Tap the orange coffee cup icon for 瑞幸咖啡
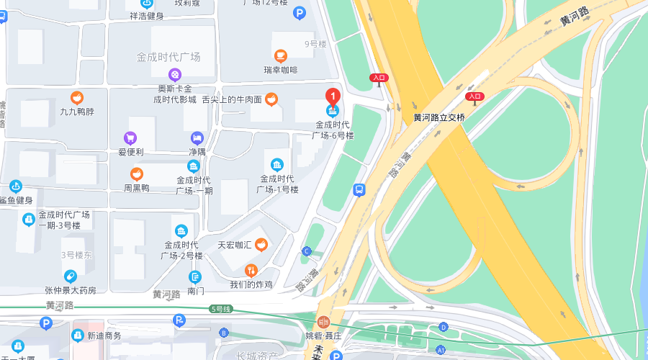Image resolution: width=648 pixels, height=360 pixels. click(281, 55)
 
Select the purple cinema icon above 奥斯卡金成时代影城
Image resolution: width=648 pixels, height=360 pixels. click(175, 74)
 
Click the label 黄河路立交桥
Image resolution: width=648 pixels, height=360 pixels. click(438, 117)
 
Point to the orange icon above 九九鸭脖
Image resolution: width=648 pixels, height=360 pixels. click(76, 97)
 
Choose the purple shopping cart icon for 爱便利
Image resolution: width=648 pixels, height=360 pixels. click(130, 138)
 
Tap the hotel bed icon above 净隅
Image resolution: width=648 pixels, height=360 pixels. click(197, 138)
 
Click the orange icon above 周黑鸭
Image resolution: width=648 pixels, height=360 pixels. click(136, 174)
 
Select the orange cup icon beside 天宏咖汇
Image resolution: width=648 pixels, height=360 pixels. click(261, 244)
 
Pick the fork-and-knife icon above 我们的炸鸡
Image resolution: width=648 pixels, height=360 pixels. click(251, 271)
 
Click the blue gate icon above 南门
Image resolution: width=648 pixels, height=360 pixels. click(195, 276)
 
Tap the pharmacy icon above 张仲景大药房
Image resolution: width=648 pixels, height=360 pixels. click(71, 276)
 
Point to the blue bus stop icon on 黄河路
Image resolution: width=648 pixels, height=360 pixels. click(359, 190)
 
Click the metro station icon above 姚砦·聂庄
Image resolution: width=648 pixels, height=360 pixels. click(323, 321)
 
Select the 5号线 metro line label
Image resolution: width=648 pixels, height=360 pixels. click(220, 309)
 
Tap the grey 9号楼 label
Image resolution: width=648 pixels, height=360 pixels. click(315, 44)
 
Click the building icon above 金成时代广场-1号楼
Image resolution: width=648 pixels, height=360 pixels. click(277, 163)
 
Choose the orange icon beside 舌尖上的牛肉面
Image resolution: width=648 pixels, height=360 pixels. click(271, 99)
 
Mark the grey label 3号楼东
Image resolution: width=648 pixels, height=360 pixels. click(76, 255)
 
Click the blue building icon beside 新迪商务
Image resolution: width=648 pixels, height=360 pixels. click(78, 335)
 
